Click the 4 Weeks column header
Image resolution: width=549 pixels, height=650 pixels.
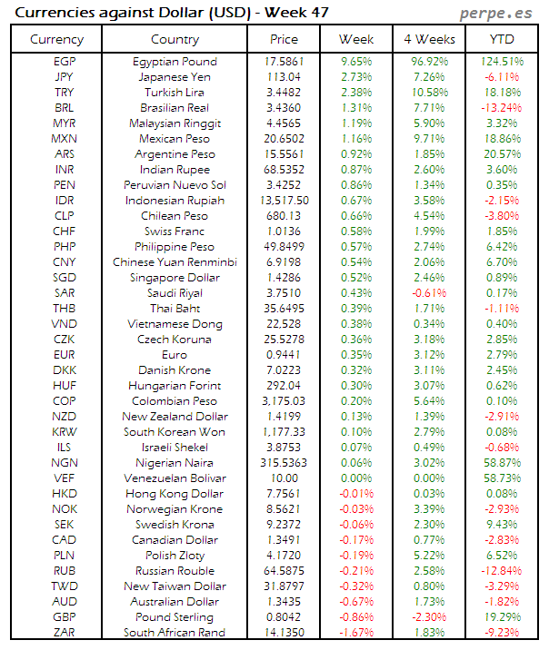(428, 39)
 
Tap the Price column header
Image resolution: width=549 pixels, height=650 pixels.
(284, 39)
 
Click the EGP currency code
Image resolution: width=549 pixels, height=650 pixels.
(65, 62)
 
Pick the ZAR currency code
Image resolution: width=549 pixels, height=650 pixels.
(65, 633)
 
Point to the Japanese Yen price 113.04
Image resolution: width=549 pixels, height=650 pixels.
(284, 77)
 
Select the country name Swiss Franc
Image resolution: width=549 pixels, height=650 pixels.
(175, 231)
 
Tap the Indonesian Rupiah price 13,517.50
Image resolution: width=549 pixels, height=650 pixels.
(284, 201)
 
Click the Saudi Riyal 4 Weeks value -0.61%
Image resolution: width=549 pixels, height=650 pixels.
(428, 293)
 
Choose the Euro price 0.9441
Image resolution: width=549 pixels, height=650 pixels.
(284, 355)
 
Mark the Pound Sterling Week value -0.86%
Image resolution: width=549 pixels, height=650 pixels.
(356, 617)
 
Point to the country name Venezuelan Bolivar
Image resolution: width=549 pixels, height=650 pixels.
(175, 478)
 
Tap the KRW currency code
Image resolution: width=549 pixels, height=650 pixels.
(65, 432)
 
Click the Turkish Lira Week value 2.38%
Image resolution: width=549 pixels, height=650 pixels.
(356, 93)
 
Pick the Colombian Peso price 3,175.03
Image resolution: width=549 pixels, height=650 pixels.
(284, 401)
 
